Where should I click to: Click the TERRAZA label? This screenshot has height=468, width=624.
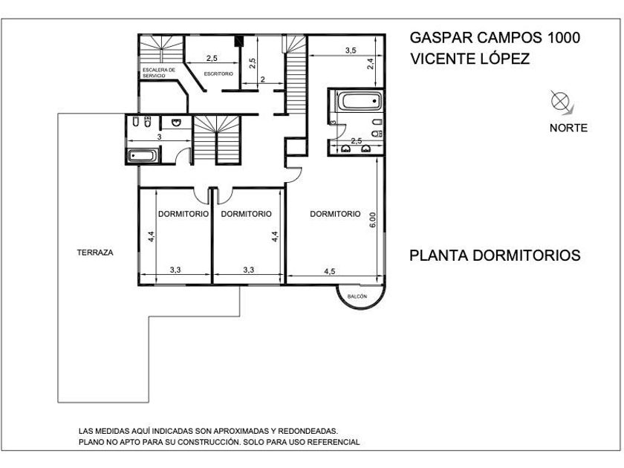[x=95, y=253]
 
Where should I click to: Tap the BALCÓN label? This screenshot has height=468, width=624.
[x=357, y=296]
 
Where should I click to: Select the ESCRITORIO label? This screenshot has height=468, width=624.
[x=218, y=74]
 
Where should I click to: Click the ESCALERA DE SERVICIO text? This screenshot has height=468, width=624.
[x=159, y=73]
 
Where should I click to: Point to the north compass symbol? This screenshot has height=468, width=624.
[x=561, y=100]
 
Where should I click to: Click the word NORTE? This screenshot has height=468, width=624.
[x=569, y=128]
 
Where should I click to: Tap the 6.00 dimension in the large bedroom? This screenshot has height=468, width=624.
[x=372, y=220]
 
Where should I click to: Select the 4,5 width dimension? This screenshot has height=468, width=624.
[x=330, y=271]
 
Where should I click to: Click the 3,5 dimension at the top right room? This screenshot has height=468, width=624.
[x=351, y=51]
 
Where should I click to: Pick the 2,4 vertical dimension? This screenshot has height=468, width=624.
[x=370, y=64]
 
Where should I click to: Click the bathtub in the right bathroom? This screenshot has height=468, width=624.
[x=360, y=101]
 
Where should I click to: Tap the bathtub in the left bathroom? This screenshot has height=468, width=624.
[x=143, y=155]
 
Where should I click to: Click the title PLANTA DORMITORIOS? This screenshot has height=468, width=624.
[x=495, y=255]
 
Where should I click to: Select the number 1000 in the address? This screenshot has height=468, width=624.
[x=564, y=38]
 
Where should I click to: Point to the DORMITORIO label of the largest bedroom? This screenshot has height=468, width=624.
[x=335, y=214]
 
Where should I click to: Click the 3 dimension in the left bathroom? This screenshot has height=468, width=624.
[x=160, y=137]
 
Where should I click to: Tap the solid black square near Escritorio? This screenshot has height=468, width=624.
[x=238, y=42]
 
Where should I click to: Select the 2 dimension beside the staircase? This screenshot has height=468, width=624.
[x=263, y=79]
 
